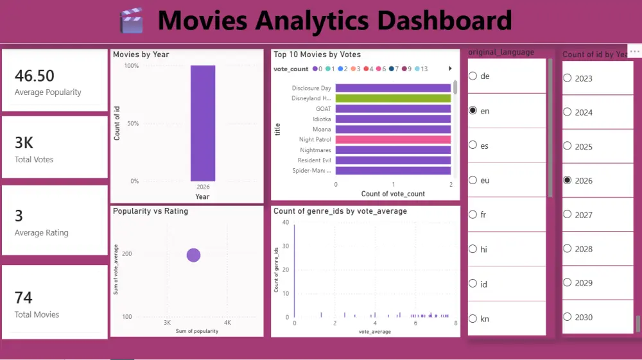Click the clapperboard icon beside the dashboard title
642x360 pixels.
click(x=132, y=21)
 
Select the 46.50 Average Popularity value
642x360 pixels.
click(x=35, y=76)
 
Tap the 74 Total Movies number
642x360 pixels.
click(x=24, y=298)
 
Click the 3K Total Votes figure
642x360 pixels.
click(x=24, y=142)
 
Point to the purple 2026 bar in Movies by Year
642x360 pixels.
click(x=202, y=123)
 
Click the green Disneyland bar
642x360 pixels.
click(x=393, y=98)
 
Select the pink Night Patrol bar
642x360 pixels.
click(x=393, y=139)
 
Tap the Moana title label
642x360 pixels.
click(x=322, y=130)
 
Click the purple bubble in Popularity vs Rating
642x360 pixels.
click(x=193, y=255)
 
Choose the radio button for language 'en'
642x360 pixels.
click(x=473, y=110)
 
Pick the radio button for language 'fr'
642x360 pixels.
click(x=473, y=214)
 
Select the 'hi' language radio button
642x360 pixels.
click(x=473, y=249)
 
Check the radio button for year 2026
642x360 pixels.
click(x=567, y=180)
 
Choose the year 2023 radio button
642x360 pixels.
click(x=567, y=78)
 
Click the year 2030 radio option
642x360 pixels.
click(x=567, y=317)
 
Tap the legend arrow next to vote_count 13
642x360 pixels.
click(x=450, y=69)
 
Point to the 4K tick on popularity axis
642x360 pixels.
click(x=227, y=323)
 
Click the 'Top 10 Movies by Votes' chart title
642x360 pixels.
click(x=317, y=55)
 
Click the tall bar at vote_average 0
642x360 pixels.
click(x=294, y=270)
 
